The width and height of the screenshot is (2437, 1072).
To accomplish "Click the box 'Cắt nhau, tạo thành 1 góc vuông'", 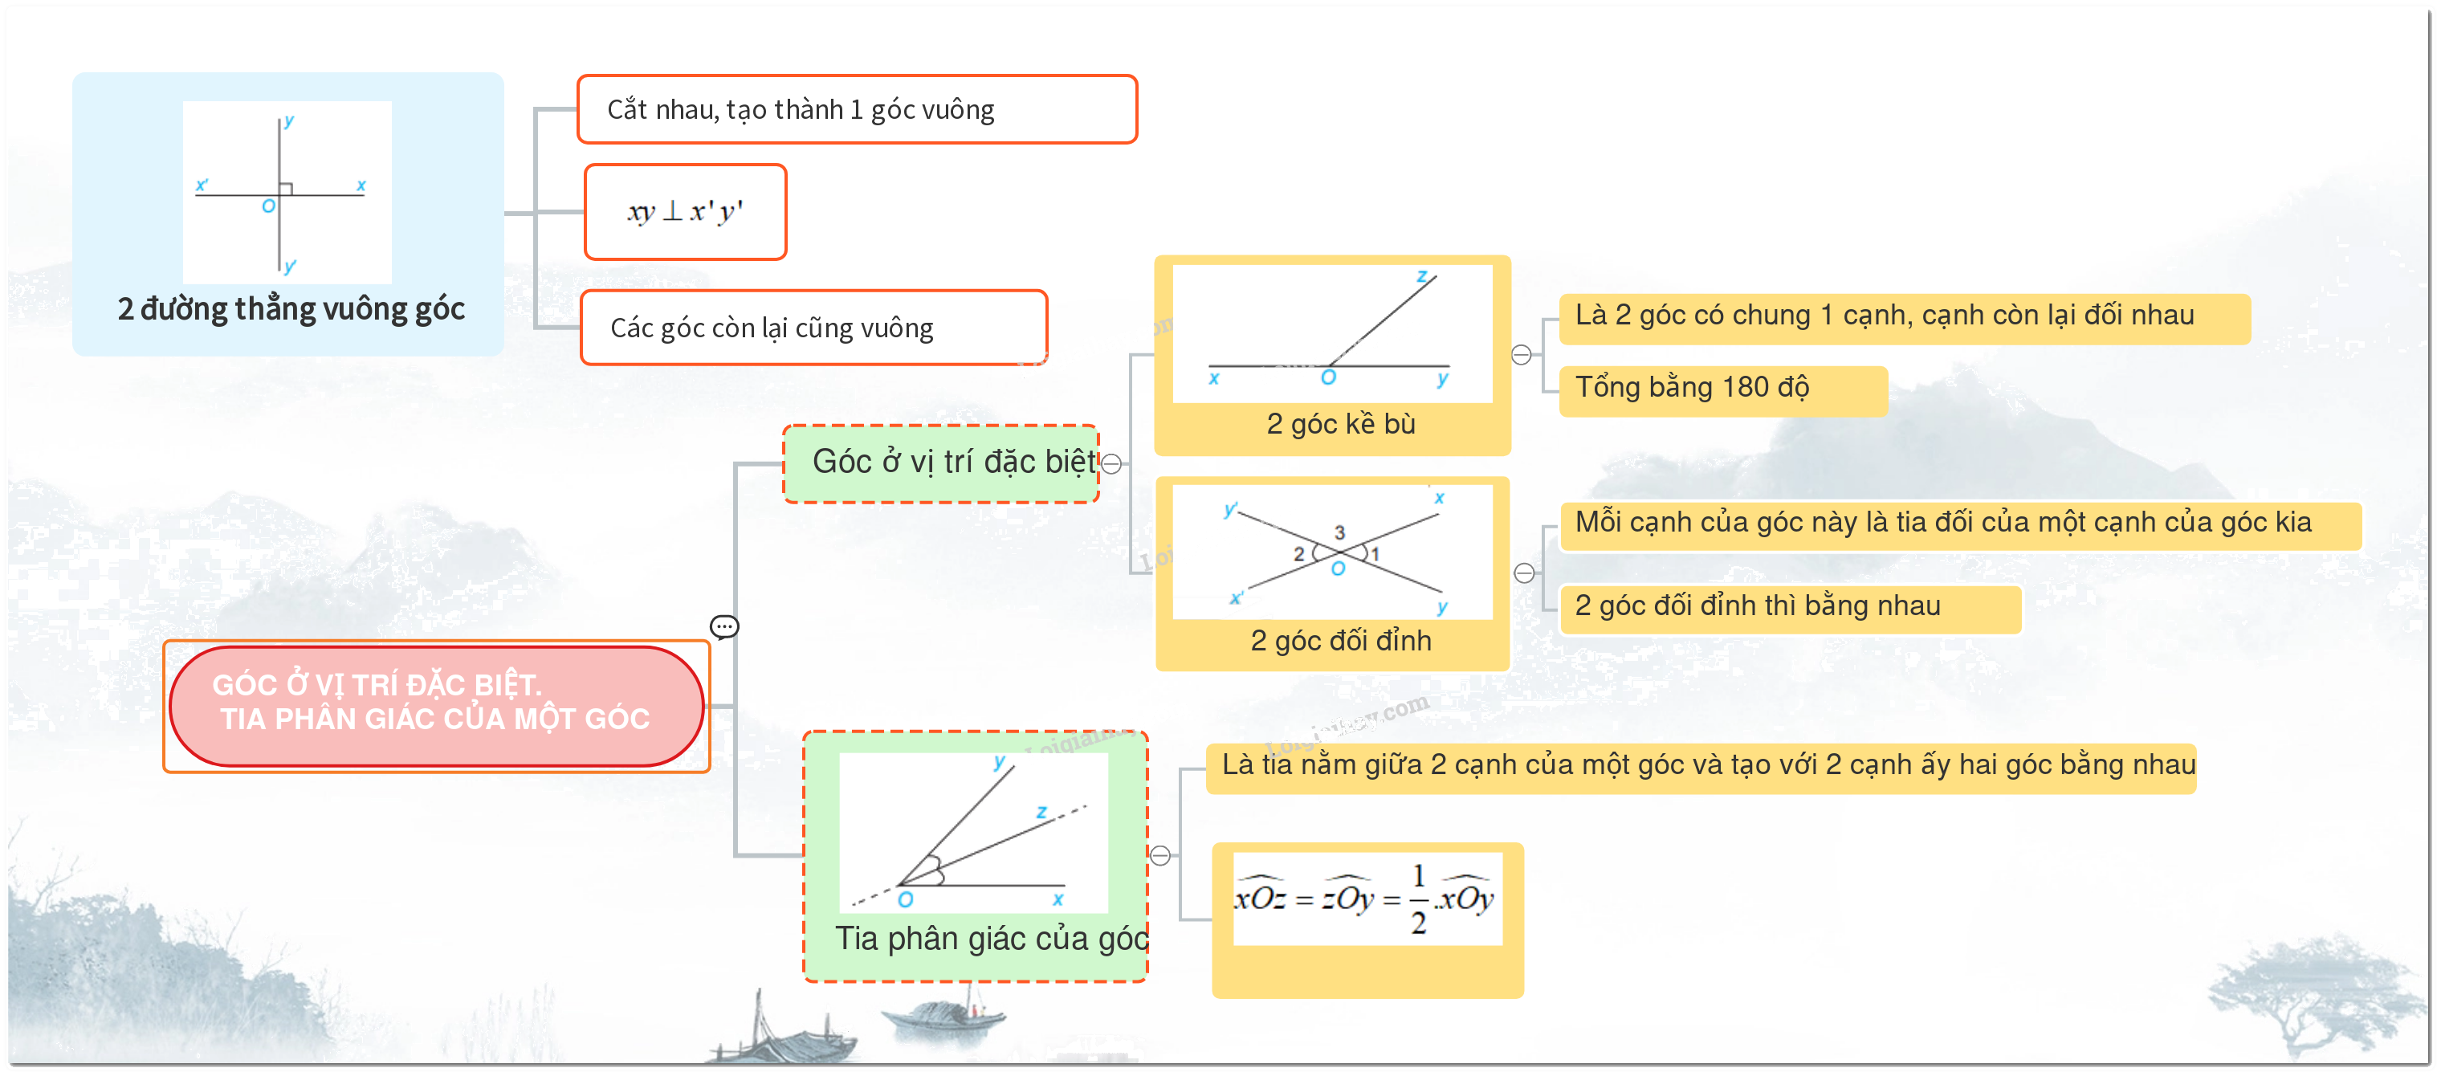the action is [857, 110].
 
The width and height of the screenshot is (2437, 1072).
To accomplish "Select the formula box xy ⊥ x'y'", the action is [686, 212].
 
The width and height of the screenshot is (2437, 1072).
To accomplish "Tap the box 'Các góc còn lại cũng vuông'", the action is [813, 328].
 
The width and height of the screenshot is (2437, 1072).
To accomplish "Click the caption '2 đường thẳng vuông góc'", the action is [291, 309].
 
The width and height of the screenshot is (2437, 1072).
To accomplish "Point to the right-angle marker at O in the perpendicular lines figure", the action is [286, 188].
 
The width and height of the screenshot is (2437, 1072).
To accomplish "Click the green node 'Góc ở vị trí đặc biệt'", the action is [941, 463].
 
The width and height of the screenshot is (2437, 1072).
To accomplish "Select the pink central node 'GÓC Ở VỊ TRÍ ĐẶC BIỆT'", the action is [436, 706].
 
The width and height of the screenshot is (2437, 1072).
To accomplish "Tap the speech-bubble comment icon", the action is [724, 627].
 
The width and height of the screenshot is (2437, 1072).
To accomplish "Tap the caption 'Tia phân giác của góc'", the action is [992, 939].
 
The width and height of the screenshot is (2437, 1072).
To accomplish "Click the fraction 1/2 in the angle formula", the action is [1418, 898].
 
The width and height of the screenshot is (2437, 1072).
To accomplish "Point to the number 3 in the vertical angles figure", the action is [1339, 532].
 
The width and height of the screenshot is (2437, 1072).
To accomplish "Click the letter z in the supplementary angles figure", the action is [1422, 276].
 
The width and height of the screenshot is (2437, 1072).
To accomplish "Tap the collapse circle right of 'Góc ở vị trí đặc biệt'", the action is [1113, 463].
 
